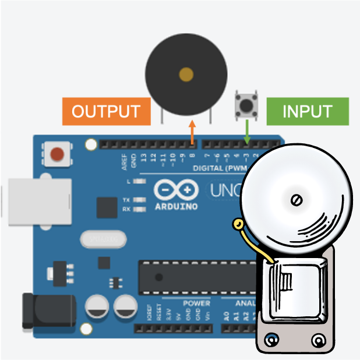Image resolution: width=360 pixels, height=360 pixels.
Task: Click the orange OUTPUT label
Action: [105, 111]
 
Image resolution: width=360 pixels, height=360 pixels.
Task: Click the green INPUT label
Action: [307, 111]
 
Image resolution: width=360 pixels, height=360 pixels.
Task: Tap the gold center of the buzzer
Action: [186, 74]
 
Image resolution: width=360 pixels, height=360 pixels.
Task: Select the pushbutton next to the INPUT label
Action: [247, 105]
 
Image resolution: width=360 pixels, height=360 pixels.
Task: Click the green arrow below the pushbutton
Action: [247, 132]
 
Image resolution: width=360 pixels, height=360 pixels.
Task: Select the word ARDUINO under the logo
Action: [176, 206]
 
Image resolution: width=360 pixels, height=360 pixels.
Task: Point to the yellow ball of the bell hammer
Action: [238, 224]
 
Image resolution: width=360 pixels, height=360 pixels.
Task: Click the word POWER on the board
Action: [196, 303]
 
